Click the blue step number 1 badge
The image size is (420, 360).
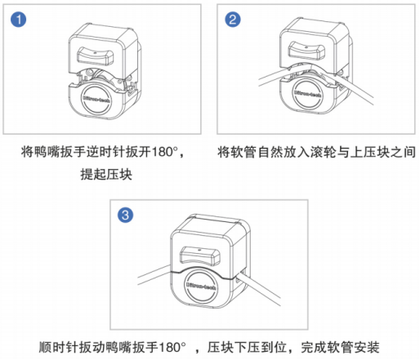point(19,20)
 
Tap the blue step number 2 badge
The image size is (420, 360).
point(233,20)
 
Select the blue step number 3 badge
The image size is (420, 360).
point(125,216)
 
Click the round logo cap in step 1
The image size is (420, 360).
point(96,100)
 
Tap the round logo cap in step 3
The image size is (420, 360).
point(201,286)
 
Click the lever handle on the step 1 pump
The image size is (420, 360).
point(96,56)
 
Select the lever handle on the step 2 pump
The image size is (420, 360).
point(306,50)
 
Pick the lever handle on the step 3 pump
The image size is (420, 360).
point(200,256)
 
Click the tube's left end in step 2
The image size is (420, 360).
point(259,82)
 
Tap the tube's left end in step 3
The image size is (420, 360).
point(139,281)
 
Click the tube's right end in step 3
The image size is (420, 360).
point(279,301)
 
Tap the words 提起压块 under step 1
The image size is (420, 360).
point(106,174)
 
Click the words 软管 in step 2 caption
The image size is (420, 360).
point(244,152)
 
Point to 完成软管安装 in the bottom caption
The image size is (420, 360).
point(340,347)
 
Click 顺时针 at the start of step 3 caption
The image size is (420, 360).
point(58,347)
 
